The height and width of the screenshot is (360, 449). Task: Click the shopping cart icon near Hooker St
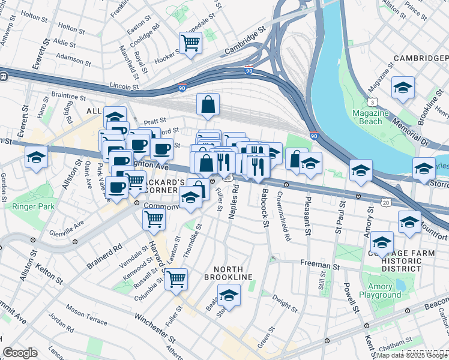tap(190, 43)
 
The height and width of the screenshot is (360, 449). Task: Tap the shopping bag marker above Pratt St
tap(208, 104)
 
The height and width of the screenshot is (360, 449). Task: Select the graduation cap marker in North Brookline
tap(229, 296)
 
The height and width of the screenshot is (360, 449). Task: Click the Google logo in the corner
tap(20, 353)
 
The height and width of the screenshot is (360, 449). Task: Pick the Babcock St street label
tap(264, 207)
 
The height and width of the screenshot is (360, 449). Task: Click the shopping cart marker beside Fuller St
tap(176, 279)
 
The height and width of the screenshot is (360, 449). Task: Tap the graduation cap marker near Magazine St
tap(403, 88)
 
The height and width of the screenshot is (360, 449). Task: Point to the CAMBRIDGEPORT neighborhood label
tap(420, 58)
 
